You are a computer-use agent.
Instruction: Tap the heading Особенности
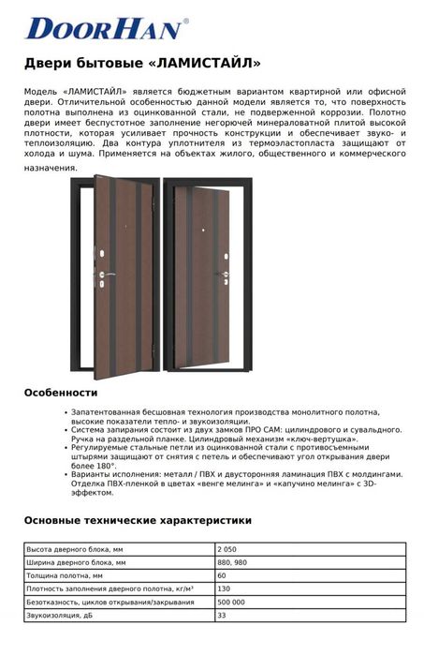pos(61,392)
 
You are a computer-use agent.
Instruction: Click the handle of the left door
pos(109,274)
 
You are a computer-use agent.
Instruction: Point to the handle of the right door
pos(225,274)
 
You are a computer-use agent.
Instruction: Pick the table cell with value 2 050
pos(226,548)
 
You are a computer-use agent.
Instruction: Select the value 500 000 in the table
pos(230,602)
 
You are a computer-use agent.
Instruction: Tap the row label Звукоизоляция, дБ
pos(62,616)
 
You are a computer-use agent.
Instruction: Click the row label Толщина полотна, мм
pos(65,574)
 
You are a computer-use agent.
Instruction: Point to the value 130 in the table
pos(223,588)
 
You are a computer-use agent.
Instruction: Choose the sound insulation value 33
pos(221,616)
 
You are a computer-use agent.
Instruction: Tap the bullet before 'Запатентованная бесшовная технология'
pos(66,411)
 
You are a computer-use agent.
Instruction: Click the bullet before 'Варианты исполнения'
pos(66,474)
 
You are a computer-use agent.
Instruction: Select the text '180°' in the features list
pos(105,465)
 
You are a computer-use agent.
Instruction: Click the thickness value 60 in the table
pos(221,574)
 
